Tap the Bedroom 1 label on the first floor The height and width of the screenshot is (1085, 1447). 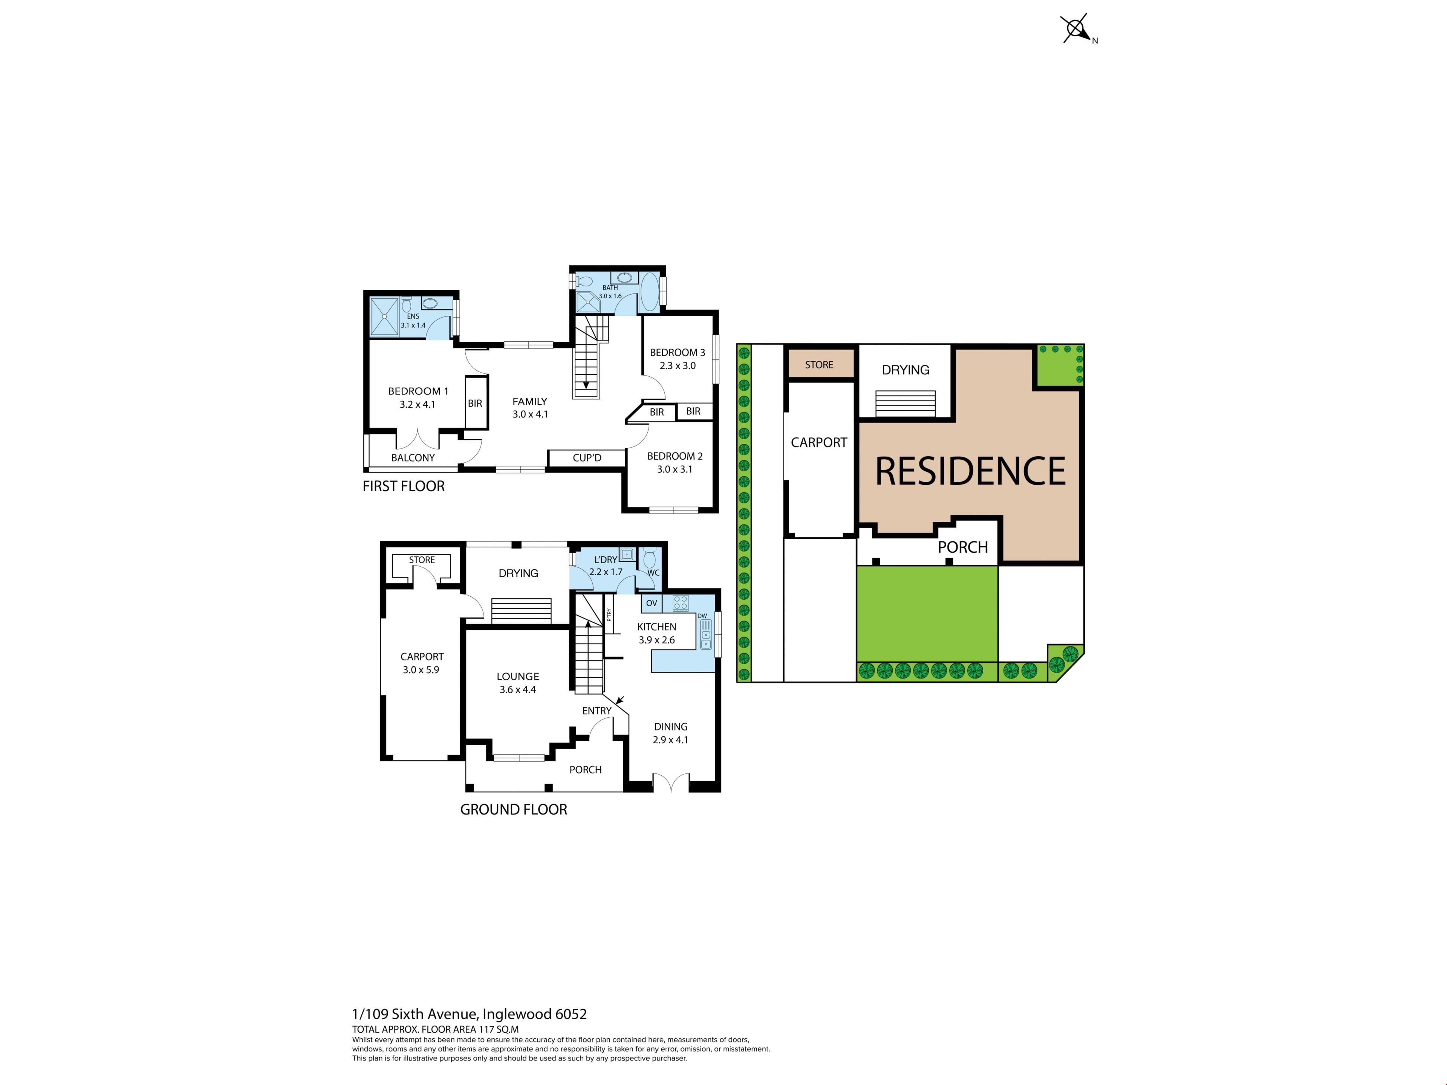pos(418,391)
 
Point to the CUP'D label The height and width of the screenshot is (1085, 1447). pos(587,458)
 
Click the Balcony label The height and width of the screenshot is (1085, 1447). pos(413,458)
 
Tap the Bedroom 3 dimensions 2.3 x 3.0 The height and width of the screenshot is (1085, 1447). pos(678,365)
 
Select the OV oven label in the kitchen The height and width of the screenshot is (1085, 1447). pos(652,603)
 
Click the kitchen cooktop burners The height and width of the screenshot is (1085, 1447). pos(680,603)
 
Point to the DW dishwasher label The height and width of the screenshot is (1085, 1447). pos(702,616)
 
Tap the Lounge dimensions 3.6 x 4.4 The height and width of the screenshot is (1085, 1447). pos(517,689)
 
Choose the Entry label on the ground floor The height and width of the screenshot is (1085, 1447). pos(597,711)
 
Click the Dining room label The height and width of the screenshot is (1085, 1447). pos(670,727)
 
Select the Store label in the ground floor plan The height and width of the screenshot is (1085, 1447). pos(422,560)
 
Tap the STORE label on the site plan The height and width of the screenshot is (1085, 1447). pos(819,365)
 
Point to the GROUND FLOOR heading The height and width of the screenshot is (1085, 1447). pos(514,810)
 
